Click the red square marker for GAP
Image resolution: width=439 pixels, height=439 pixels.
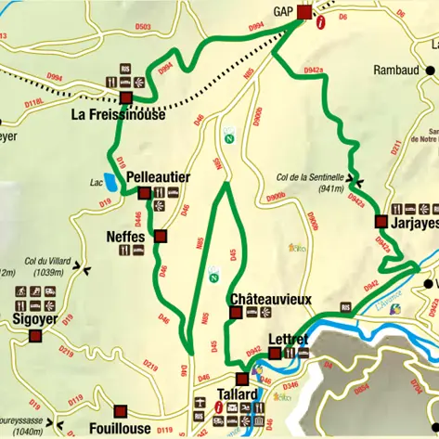click(304, 13)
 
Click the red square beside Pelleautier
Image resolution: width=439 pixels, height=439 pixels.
click(143, 193)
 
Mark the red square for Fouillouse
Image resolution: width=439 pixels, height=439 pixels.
click(119, 411)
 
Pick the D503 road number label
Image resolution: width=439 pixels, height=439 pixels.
click(142, 27)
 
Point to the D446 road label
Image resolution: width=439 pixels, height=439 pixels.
click(137, 219)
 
